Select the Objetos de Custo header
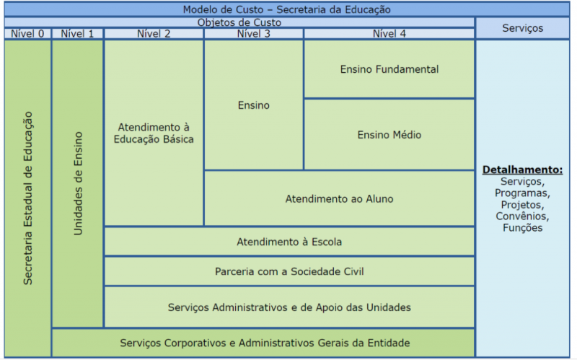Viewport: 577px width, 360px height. (239, 22)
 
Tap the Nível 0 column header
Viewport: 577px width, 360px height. (27, 33)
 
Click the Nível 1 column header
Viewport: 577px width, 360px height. (77, 33)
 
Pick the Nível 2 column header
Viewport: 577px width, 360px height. (154, 33)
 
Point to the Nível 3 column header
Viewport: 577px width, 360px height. (253, 33)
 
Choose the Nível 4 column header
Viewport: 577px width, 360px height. (389, 33)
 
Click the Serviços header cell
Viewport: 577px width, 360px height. (522, 28)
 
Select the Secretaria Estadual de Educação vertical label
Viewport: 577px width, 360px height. (28, 198)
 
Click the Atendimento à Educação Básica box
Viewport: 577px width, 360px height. (154, 133)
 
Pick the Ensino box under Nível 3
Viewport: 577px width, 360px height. (253, 105)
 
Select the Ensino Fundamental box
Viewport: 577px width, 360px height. (389, 69)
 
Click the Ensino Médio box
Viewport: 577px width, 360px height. (389, 135)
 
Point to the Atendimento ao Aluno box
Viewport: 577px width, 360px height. (339, 198)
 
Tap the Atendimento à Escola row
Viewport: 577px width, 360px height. (289, 242)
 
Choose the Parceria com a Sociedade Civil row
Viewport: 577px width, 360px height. (289, 271)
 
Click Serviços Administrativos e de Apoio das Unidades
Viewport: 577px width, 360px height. (289, 307)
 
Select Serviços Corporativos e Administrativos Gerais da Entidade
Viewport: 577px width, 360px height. (263, 343)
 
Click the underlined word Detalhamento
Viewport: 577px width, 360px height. (522, 170)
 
